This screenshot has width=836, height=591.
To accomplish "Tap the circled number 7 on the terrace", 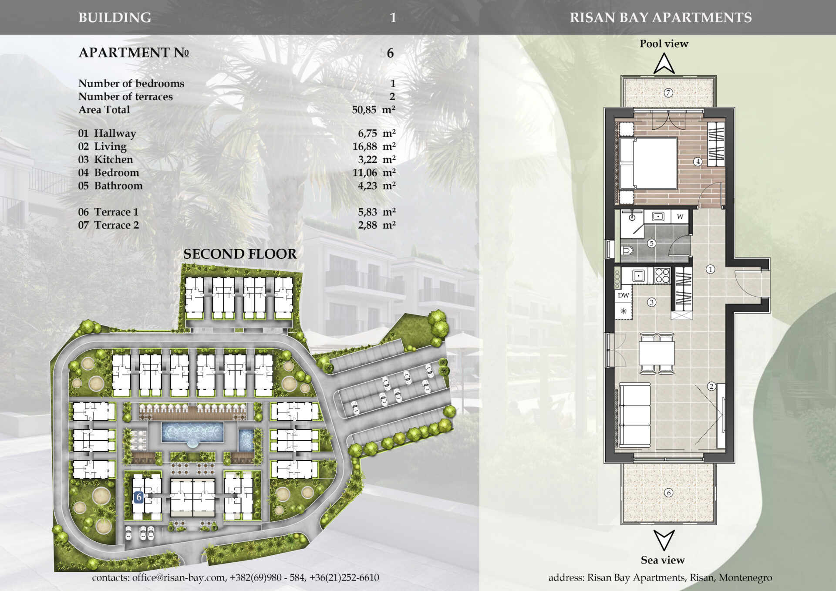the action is (x=668, y=93).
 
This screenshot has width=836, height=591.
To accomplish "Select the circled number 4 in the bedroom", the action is (x=698, y=162).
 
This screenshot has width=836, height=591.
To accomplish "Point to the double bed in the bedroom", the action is (x=648, y=163).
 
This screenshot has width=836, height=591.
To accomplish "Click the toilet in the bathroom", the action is (x=626, y=250).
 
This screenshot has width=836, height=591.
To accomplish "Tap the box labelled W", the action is (x=680, y=216).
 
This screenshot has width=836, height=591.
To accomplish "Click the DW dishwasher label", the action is (x=624, y=295).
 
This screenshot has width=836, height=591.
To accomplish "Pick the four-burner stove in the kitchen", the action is (x=662, y=276).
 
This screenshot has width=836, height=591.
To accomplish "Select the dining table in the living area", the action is (x=657, y=353).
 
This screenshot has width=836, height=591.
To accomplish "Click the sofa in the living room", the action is (x=634, y=415).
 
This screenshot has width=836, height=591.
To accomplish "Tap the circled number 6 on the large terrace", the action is (x=668, y=493).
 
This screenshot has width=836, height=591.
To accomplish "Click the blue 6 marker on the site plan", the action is (x=139, y=497).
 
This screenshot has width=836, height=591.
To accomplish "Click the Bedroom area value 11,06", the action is (x=364, y=173).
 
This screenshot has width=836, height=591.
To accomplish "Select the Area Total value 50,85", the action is (x=364, y=110).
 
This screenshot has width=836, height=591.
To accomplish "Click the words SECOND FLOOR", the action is (x=240, y=254).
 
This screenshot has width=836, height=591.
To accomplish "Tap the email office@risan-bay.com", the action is (x=179, y=577).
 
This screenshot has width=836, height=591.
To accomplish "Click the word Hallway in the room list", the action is (x=115, y=134).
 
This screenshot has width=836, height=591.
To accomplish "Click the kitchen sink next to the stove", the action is (x=638, y=276).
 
